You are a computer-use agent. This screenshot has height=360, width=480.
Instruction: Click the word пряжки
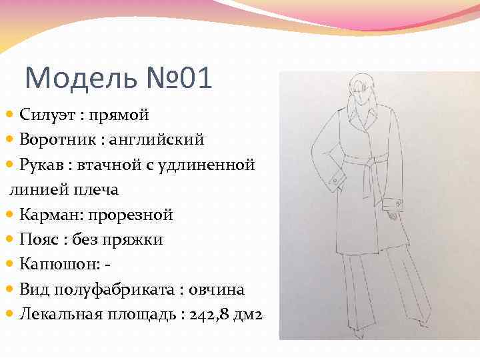pos(137,239)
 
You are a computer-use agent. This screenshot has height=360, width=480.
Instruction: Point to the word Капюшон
pos(56,265)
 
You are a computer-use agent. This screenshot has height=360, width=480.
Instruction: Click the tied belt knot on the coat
pos(365,161)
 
